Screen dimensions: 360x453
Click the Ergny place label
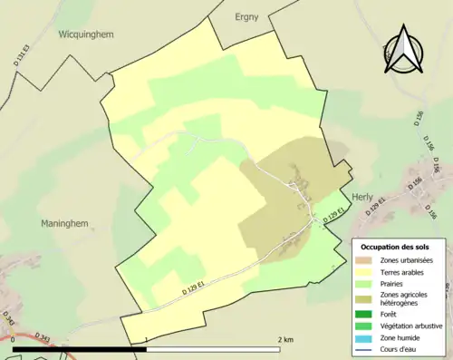247,16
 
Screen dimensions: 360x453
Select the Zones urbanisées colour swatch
365,260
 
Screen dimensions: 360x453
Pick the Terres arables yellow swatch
365,271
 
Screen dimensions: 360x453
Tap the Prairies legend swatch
365,282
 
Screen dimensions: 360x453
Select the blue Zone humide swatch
365,336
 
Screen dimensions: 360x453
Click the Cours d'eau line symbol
365,346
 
